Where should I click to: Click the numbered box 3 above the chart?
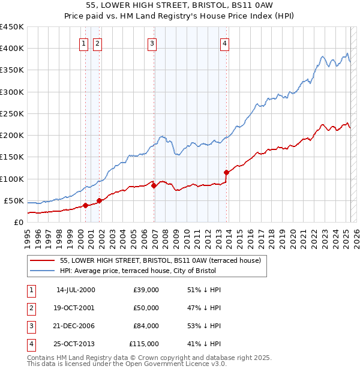pos(152,43)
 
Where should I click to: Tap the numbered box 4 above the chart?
pos(224,43)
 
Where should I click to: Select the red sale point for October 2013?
pos(226,172)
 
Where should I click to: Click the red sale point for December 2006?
pos(154,185)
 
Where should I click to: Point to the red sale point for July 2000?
pos(85,205)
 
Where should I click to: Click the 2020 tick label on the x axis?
pos(293,237)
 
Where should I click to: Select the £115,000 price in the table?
pos(144,344)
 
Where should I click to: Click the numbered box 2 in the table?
pos(30,308)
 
